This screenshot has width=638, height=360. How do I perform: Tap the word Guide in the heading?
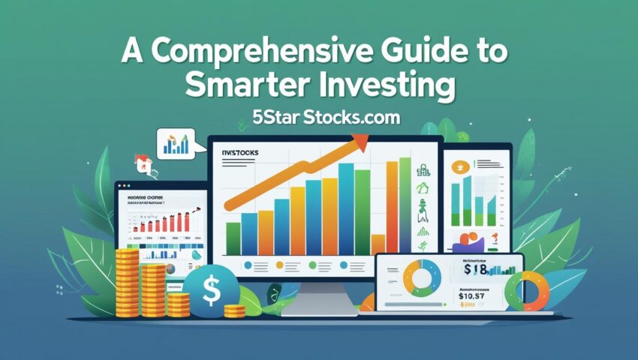(422, 55)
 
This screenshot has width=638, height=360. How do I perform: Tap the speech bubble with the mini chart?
(174, 142)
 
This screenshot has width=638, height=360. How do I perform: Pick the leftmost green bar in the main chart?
(234, 238)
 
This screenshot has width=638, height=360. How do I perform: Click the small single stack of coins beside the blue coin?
(233, 310)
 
